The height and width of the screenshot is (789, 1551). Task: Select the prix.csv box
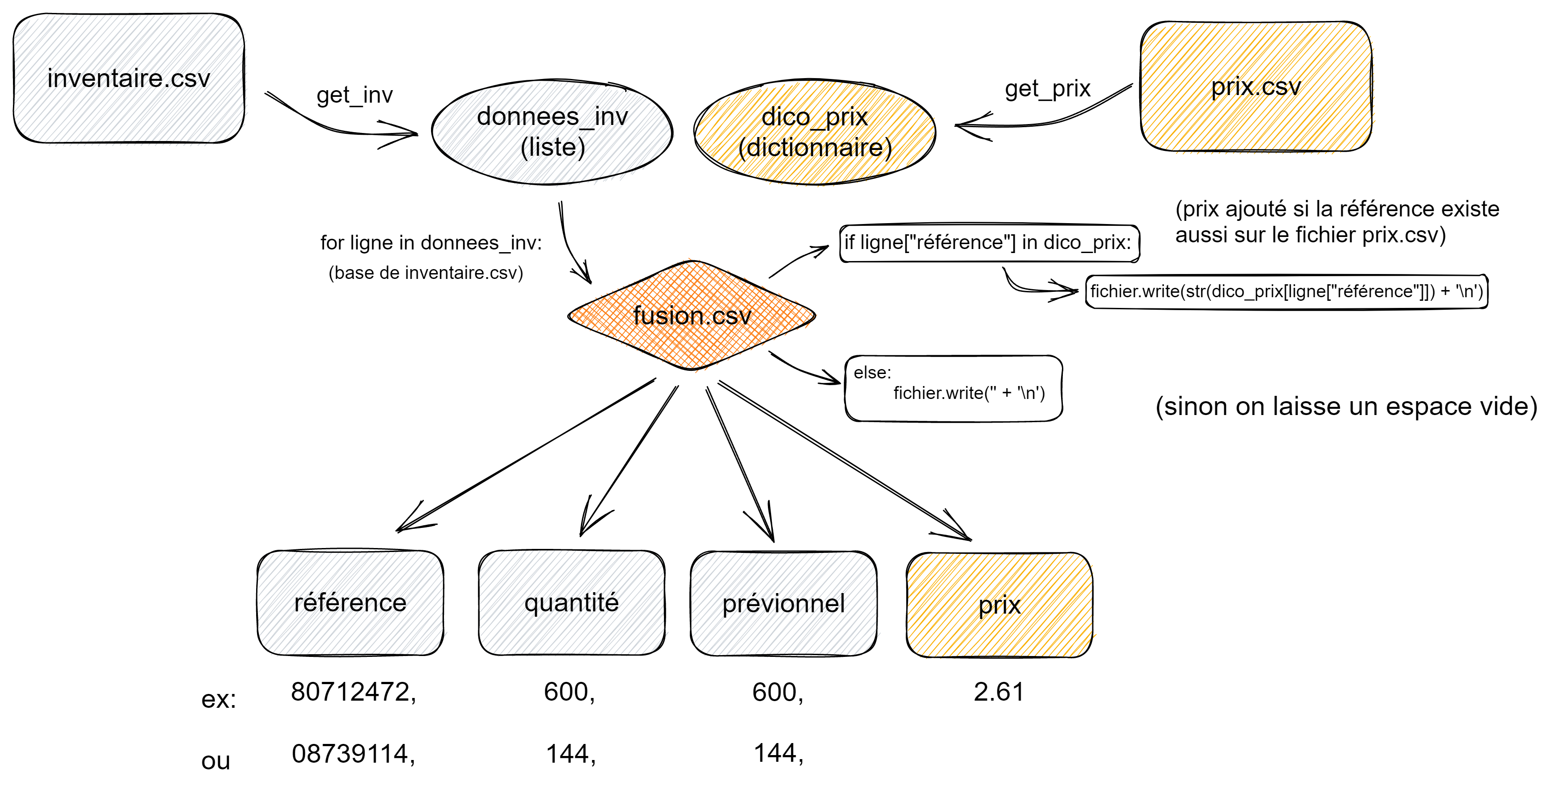tap(1256, 86)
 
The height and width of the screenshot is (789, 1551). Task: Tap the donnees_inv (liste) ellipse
tap(552, 131)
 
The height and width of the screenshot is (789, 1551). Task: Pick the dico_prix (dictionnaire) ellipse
tap(815, 131)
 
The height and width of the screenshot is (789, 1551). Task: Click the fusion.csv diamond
tap(692, 315)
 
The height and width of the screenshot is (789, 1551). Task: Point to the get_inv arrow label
tap(355, 95)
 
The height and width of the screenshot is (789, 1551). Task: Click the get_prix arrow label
tap(1048, 88)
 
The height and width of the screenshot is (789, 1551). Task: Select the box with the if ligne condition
tap(989, 243)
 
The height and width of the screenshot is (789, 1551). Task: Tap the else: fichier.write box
tap(953, 388)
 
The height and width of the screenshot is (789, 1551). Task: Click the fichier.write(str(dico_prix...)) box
tap(1286, 291)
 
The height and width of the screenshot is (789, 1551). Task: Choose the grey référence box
tap(350, 602)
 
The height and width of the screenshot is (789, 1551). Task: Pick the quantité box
tap(572, 602)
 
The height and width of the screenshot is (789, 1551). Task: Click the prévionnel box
tap(784, 603)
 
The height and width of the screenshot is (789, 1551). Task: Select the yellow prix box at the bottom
tap(999, 605)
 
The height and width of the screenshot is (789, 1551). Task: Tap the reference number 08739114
tap(353, 753)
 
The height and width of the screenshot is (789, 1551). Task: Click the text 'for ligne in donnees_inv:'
tap(431, 243)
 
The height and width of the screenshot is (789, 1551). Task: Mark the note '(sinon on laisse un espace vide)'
tap(1346, 407)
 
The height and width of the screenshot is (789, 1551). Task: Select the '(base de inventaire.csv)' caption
tap(426, 273)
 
